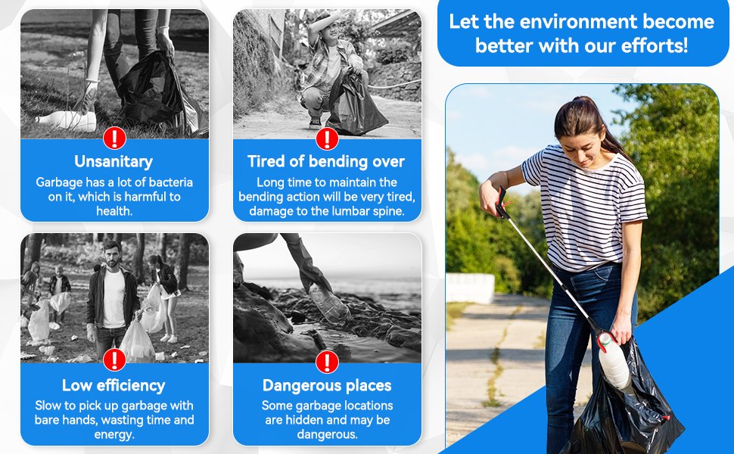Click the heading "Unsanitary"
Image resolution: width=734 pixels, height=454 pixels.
[114, 161]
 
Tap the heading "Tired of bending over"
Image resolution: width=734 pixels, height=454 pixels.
[326, 161]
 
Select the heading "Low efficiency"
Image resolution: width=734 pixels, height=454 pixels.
[114, 385]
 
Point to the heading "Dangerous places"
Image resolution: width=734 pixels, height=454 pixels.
[327, 385]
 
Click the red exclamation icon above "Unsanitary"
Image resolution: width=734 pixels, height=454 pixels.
[115, 138]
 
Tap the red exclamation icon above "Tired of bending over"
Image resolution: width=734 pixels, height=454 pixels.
[327, 138]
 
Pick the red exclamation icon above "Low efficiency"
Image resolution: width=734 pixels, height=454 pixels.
[115, 360]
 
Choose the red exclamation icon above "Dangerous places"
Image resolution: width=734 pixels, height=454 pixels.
[327, 362]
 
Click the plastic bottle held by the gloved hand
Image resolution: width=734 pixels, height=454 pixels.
[329, 304]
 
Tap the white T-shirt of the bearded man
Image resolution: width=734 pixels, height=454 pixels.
[114, 299]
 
